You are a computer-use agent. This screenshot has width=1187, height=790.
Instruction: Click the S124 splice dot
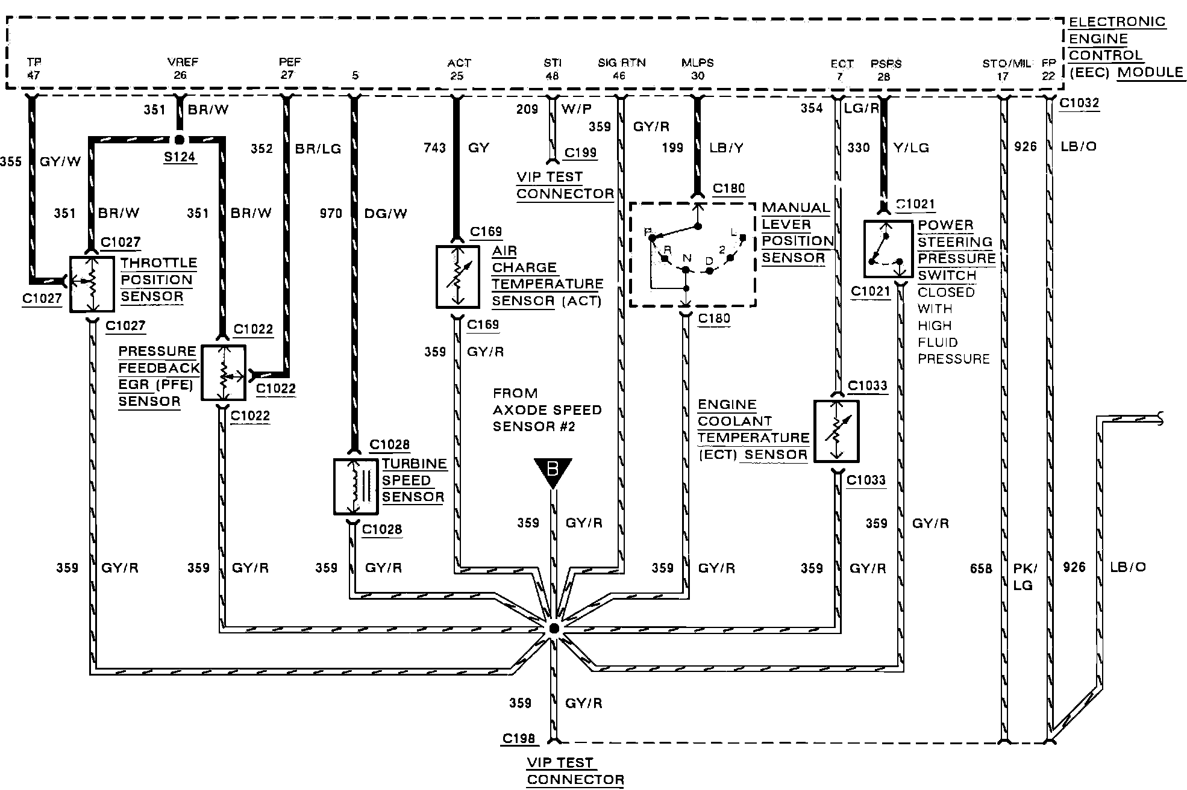coord(179,140)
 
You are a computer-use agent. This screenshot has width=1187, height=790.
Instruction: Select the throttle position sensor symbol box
coord(92,284)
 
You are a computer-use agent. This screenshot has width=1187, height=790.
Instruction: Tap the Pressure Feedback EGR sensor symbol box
coord(223,373)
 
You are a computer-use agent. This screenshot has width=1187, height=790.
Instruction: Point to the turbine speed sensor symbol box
coord(356,486)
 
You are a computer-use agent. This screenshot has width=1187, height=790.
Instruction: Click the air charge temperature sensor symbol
coord(457,276)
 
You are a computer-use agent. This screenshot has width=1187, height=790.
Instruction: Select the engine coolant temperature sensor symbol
coord(836,431)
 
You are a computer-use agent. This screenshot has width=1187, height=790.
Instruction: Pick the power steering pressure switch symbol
coord(887,249)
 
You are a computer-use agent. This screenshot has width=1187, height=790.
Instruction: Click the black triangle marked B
coord(552,471)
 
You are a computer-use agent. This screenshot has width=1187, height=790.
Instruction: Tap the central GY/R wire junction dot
coord(553,629)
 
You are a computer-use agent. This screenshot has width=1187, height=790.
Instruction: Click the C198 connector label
coord(518,738)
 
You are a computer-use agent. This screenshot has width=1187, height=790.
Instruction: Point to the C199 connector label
coord(580,152)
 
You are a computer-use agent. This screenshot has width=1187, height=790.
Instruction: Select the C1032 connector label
coord(1079,103)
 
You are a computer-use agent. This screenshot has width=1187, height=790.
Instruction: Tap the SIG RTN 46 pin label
coord(621,69)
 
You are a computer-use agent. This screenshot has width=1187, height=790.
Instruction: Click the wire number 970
coord(331,213)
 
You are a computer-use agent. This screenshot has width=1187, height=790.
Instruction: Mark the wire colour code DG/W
coord(386,213)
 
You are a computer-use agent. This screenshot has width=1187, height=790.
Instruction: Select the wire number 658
coord(981,568)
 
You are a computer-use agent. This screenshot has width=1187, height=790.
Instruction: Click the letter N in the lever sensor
coord(686,258)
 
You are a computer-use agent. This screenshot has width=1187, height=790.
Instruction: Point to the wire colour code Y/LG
coord(911,148)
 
